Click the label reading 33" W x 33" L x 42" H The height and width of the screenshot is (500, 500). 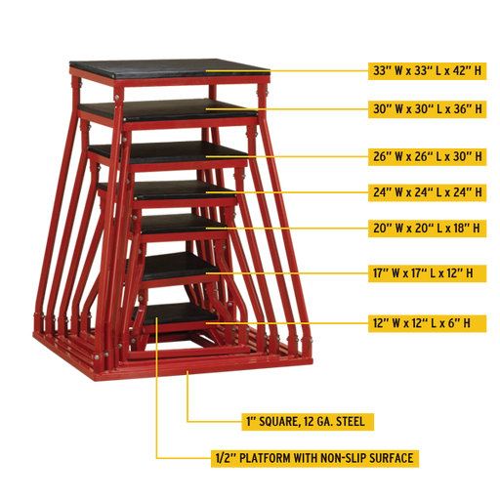(x=427, y=70)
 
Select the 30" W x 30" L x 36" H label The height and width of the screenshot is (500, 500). (x=427, y=109)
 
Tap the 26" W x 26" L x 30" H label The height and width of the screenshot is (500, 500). (x=427, y=156)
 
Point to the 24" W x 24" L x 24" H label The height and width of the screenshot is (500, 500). (x=427, y=192)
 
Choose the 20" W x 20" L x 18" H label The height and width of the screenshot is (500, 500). (x=427, y=229)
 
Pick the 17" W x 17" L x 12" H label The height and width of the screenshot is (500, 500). (x=427, y=273)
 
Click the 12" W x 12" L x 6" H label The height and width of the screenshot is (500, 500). (x=427, y=323)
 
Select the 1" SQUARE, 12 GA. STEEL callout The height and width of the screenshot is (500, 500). (x=308, y=422)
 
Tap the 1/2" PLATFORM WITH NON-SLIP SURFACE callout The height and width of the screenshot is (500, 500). (x=314, y=458)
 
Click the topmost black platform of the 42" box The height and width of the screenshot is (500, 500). (x=169, y=69)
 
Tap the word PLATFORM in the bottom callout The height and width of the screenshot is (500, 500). (x=266, y=458)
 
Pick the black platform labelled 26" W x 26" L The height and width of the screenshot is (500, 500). (x=169, y=152)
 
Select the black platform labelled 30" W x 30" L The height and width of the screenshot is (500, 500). (x=168, y=110)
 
